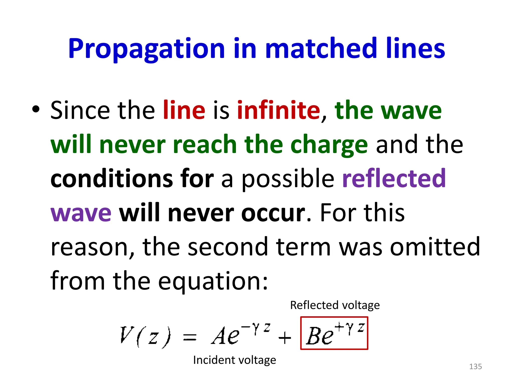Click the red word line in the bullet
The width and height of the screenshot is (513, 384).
pyautogui.click(x=184, y=110)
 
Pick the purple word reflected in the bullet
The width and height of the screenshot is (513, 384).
pyautogui.click(x=394, y=178)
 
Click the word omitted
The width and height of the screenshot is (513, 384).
pyautogui.click(x=435, y=247)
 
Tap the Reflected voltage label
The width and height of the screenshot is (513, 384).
pyautogui.click(x=335, y=305)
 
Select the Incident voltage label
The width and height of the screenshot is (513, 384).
pyautogui.click(x=234, y=360)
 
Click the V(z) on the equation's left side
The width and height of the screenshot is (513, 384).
pyautogui.click(x=146, y=336)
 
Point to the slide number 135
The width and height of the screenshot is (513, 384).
pyautogui.click(x=475, y=366)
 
